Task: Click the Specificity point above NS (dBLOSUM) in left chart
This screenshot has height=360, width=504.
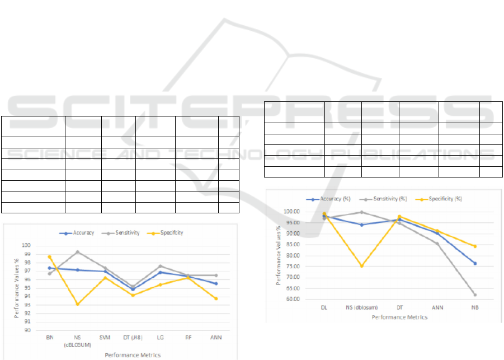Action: tap(77, 304)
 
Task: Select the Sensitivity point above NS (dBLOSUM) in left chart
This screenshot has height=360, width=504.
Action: tap(77, 252)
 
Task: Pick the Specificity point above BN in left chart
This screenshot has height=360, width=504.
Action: tap(49, 256)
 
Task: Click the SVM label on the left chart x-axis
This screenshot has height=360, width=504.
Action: tap(105, 338)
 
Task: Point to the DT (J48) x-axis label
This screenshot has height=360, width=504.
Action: tap(133, 338)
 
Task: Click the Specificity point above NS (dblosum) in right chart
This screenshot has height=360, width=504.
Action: tap(361, 266)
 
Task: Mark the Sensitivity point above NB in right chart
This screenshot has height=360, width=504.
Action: tap(475, 294)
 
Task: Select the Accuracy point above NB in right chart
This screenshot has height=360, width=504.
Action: tap(475, 263)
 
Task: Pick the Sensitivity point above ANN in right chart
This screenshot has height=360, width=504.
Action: tap(437, 244)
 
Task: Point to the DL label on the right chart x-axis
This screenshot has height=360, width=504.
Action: tap(324, 307)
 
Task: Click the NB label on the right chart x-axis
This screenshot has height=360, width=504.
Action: tap(475, 307)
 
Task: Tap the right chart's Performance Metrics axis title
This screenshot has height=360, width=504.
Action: tap(399, 317)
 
